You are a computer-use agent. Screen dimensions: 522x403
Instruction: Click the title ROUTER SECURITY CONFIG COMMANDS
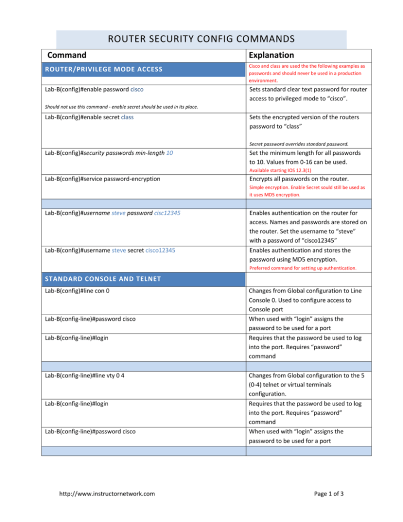point(201,38)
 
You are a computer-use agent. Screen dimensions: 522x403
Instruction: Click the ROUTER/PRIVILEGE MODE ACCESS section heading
point(103,69)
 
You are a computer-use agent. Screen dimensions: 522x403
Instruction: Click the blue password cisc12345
point(160,214)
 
